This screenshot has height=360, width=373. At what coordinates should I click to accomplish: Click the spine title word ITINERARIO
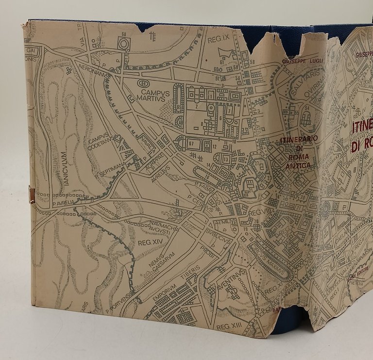(x=298, y=140)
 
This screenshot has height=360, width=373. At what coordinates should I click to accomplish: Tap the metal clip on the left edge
(x=32, y=195)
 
